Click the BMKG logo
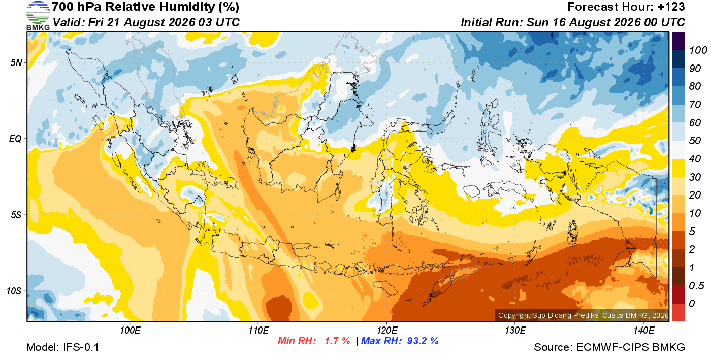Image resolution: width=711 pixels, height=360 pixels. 38,16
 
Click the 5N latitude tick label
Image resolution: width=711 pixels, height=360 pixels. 16,62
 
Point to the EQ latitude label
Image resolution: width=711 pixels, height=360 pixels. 16,139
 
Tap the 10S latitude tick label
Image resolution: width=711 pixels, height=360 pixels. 14,291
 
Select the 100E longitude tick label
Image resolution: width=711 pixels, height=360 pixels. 130,330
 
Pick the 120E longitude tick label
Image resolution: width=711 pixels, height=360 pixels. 386,330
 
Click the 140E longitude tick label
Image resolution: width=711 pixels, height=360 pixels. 643,330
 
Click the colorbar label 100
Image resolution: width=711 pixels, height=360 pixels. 698,50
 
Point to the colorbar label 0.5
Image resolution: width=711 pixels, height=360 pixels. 696,286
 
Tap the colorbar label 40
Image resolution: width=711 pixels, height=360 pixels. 695,159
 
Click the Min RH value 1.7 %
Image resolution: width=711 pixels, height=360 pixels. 337,341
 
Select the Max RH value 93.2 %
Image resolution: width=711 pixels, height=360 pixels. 423,341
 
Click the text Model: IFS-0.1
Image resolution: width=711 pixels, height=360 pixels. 62,347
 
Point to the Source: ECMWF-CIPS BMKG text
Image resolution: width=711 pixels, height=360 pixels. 609,347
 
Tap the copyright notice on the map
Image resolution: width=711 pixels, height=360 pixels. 584,315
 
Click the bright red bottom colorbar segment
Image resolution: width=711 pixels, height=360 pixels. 678,312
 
